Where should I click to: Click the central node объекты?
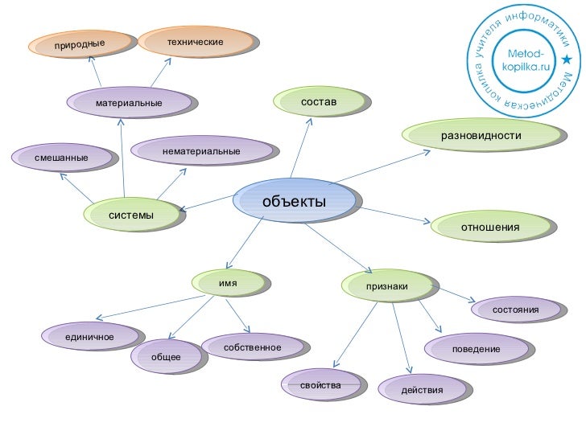point(295,200)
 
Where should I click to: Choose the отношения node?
point(490,228)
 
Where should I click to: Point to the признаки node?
point(387,286)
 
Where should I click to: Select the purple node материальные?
point(129,103)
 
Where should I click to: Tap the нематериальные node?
point(201,151)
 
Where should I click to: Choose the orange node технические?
point(195,40)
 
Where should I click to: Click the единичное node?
point(90,335)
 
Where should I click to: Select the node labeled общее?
point(166,356)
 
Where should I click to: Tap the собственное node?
point(253,347)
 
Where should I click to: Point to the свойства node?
point(320,386)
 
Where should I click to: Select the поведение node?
point(476,349)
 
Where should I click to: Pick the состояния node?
point(515,310)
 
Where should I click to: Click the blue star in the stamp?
point(567,60)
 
